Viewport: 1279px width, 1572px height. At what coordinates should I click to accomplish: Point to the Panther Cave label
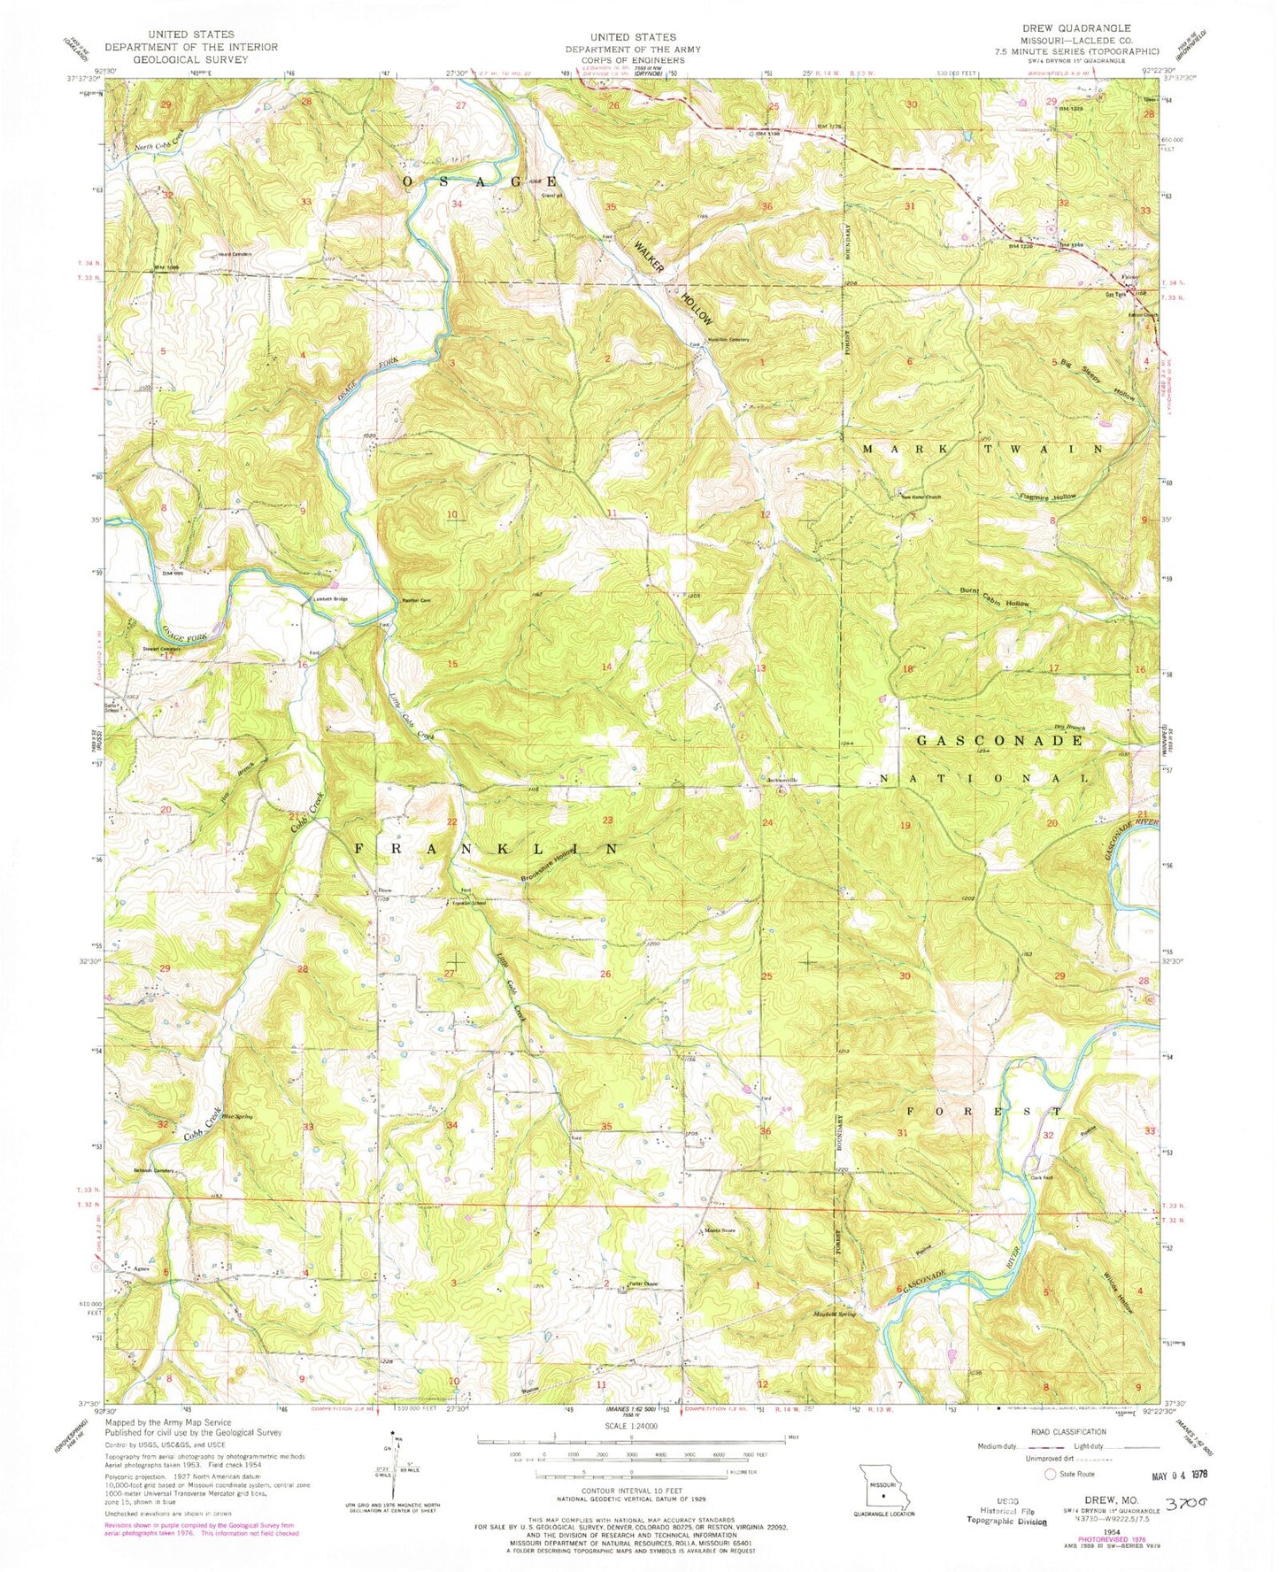point(416,599)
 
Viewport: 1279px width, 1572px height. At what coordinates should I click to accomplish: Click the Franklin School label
point(470,904)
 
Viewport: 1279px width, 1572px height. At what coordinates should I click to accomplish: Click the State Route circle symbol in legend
point(1051,1475)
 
